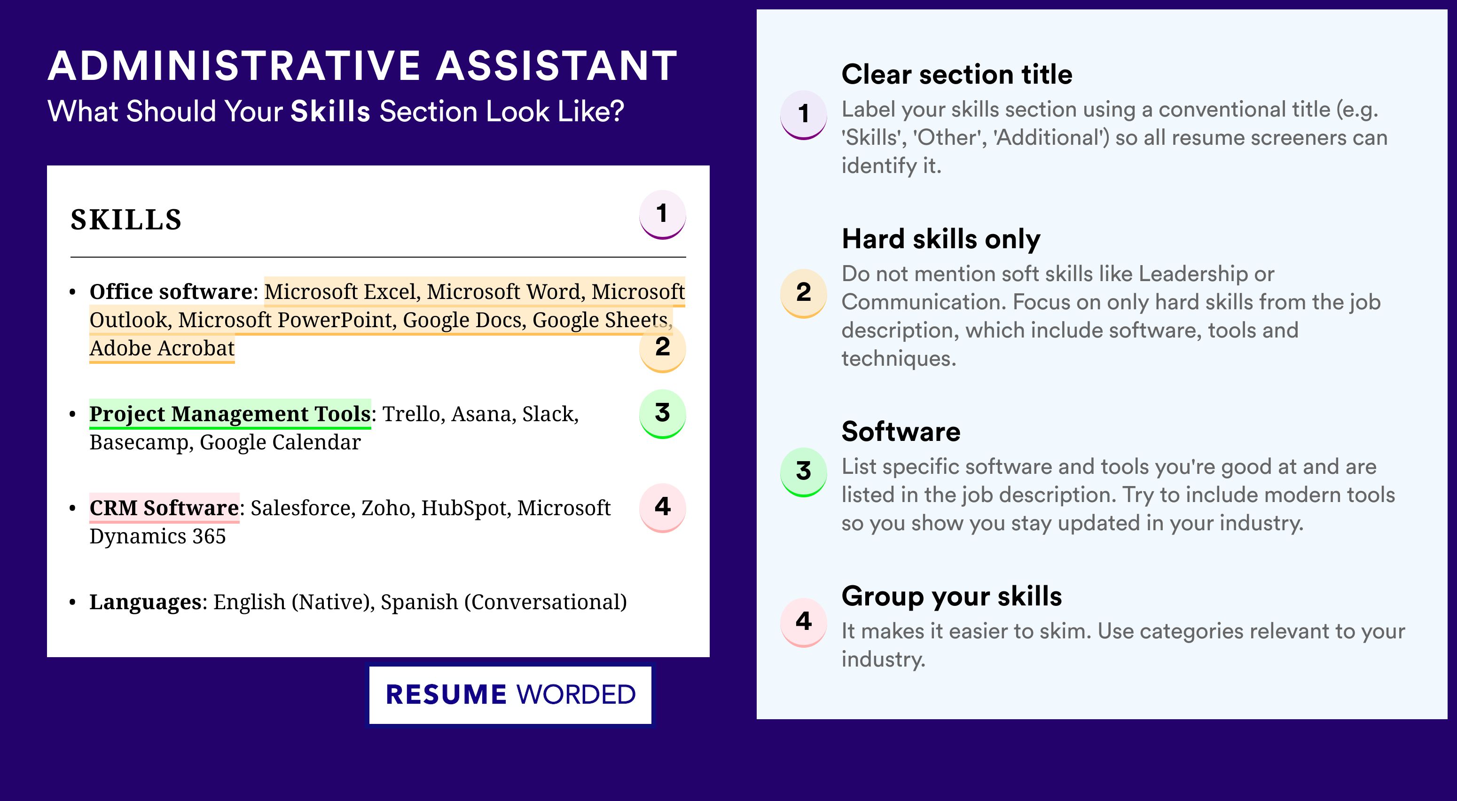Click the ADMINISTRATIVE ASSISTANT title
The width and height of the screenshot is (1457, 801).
[x=362, y=66]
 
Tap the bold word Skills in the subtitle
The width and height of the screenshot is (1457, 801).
[x=330, y=111]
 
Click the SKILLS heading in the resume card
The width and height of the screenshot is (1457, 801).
[x=126, y=220]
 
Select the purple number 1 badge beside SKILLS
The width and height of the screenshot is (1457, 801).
[x=662, y=215]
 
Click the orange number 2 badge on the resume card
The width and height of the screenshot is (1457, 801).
[x=662, y=347]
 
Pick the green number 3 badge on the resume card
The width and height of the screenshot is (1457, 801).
[x=662, y=414]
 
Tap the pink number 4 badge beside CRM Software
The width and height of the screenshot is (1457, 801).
[x=662, y=507]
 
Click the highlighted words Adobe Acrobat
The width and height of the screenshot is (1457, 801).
[x=162, y=348]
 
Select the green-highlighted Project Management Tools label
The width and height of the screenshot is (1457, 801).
[x=230, y=414]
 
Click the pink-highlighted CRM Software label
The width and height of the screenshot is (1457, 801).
[x=164, y=508]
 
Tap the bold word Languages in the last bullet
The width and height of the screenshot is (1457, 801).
[x=145, y=603]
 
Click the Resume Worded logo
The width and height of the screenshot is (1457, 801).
[x=510, y=695]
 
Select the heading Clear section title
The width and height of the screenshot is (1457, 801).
[x=956, y=74]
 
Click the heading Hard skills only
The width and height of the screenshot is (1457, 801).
[x=940, y=239]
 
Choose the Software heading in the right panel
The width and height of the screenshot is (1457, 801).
[x=901, y=432]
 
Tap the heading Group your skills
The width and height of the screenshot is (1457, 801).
[x=951, y=596]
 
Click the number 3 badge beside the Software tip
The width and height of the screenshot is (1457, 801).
[x=804, y=472]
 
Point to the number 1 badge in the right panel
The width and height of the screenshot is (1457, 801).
[x=804, y=114]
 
